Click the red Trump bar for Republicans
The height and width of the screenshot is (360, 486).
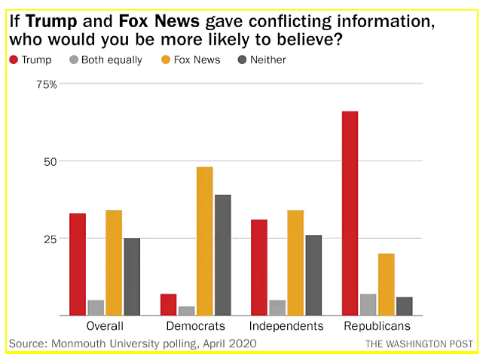tap(350, 213)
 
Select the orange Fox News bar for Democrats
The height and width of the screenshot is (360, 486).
tap(205, 241)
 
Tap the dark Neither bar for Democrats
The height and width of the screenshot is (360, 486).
tap(223, 255)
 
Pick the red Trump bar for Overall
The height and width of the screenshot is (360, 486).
tap(78, 264)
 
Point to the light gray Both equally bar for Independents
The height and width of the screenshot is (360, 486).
tap(277, 307)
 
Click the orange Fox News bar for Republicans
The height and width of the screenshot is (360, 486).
tap(386, 284)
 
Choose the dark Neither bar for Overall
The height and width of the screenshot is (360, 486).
tap(132, 276)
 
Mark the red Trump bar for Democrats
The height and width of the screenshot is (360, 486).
tap(169, 304)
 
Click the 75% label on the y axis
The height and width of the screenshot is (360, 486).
tap(47, 84)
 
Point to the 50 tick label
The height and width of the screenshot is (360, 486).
tap(49, 161)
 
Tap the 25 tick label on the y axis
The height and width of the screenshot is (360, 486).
tap(49, 239)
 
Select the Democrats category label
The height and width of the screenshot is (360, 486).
tap(196, 326)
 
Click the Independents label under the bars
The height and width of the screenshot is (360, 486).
tap(286, 326)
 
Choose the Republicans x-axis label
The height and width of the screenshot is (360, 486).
tap(377, 326)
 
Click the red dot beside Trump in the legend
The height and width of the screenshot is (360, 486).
tap(14, 59)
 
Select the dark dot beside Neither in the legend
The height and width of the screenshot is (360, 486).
tap(243, 59)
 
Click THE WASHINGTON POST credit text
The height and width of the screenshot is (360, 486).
tap(419, 344)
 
